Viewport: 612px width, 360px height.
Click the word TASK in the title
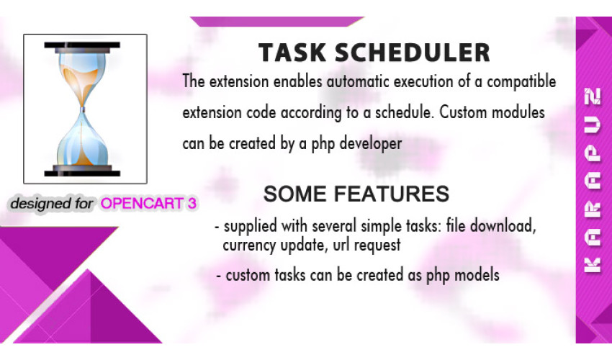(292, 53)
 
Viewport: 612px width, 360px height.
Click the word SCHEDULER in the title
(412, 53)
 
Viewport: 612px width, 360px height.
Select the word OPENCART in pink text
(142, 204)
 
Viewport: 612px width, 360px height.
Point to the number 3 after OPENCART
(192, 204)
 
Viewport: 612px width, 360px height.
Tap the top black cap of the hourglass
(82, 45)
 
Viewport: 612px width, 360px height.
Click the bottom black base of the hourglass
(82, 173)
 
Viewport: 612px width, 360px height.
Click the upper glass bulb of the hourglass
(82, 76)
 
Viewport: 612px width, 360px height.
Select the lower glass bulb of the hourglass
(82, 140)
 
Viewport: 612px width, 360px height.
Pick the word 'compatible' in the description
(521, 82)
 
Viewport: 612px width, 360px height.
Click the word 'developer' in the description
(371, 144)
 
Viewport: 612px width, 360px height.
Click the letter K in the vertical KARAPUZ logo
(592, 265)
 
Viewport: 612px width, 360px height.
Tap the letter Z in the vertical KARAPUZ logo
(592, 96)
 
